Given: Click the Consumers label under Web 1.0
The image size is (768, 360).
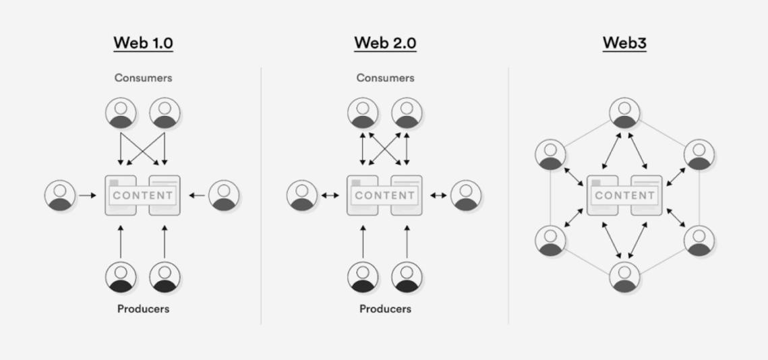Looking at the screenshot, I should coord(143,78).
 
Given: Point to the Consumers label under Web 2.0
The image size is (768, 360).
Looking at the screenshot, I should coord(385,78).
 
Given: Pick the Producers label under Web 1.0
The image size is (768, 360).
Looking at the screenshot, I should coord(143,309).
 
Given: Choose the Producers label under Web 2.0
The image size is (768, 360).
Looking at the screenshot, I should coord(385,309).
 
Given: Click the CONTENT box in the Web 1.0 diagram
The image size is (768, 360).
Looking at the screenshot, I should coord(143,196).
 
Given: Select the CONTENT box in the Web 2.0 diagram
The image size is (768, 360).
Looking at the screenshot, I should coord(385,196).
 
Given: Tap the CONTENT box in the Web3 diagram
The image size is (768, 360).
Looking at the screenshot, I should coord(624,196).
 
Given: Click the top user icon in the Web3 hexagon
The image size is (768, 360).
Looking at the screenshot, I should coord(624,113).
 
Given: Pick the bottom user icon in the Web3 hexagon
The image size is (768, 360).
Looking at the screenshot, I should coord(624,278).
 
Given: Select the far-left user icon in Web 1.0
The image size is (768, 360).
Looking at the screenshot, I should coord(61,196).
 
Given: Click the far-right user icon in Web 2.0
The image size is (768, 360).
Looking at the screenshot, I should coord(466,196).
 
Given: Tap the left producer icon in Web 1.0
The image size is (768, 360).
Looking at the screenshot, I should coord(121,276).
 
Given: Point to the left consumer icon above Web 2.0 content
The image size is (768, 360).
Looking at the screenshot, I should coord(363,113).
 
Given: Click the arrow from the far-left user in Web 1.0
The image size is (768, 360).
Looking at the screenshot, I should coord(88,196).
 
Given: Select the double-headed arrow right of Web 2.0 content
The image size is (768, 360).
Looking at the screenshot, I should coord(438,196).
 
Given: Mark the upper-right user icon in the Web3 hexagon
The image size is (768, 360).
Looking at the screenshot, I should coord(699,154).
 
